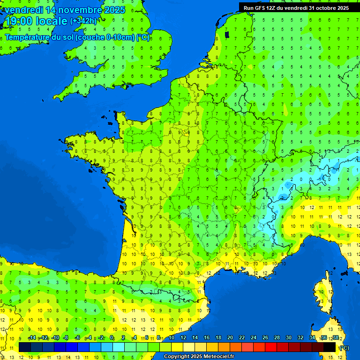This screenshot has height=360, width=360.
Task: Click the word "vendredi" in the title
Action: click(x=20, y=10)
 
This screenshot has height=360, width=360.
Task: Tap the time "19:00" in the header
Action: click(x=19, y=22)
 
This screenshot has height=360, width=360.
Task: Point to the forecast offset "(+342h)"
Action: click(x=83, y=21)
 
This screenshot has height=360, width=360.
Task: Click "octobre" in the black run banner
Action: click(x=323, y=8)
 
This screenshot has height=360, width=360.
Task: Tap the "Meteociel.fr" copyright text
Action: click(x=218, y=357)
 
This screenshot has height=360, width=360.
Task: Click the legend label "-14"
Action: click(x=32, y=338)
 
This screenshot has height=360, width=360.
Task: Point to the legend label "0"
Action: click(x=112, y=338)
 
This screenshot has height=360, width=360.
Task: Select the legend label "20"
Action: click(x=230, y=338)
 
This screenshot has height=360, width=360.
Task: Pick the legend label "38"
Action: click(x=336, y=338)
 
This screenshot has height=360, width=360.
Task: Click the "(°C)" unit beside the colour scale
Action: click(x=344, y=347)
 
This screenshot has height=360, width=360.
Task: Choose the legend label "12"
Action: click(x=183, y=338)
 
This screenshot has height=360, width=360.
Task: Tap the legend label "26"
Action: click(x=265, y=338)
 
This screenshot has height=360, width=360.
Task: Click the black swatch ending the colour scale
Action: click(x=330, y=347)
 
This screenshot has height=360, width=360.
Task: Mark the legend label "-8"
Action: click(x=66, y=338)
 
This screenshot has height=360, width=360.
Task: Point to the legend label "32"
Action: click(x=300, y=338)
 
